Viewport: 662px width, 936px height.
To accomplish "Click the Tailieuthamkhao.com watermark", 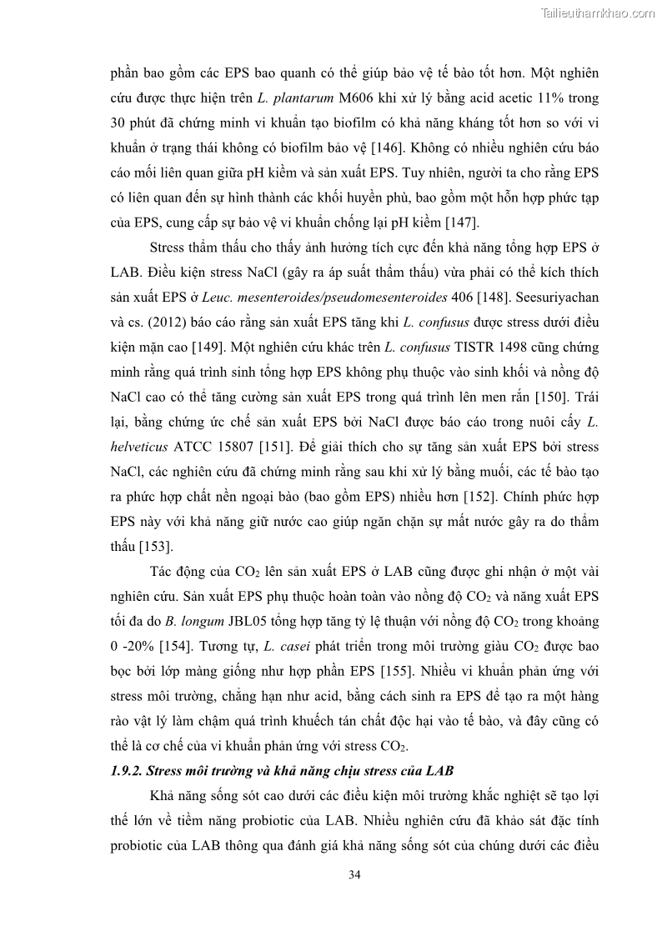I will (597, 13).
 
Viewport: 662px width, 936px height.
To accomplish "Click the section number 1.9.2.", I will (128, 768).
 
